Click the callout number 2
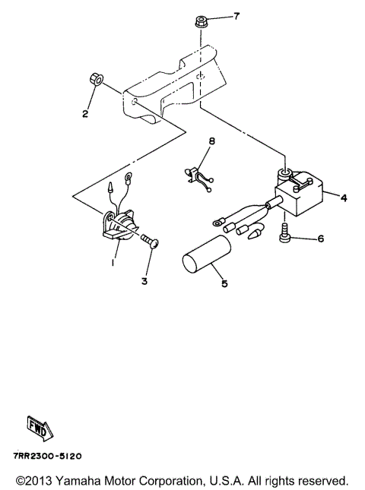[85, 115]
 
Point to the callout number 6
[320, 239]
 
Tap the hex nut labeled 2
[96, 79]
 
